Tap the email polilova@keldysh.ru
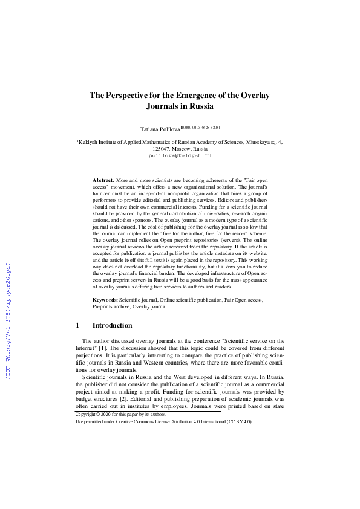pyautogui.click(x=180, y=155)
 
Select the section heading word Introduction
pyautogui.click(x=113, y=325)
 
